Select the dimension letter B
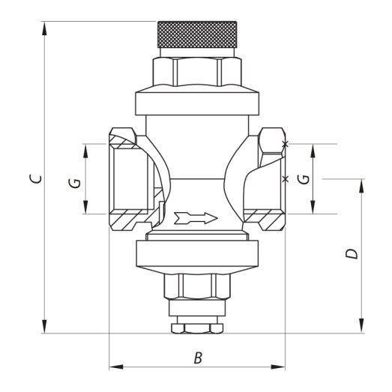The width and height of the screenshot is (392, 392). coord(198,358)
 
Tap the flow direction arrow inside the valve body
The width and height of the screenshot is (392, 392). coord(194,218)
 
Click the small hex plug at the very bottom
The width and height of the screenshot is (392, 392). coord(197,328)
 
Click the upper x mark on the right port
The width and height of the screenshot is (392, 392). coord(285,144)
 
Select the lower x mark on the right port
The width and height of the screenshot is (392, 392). coord(284,179)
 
